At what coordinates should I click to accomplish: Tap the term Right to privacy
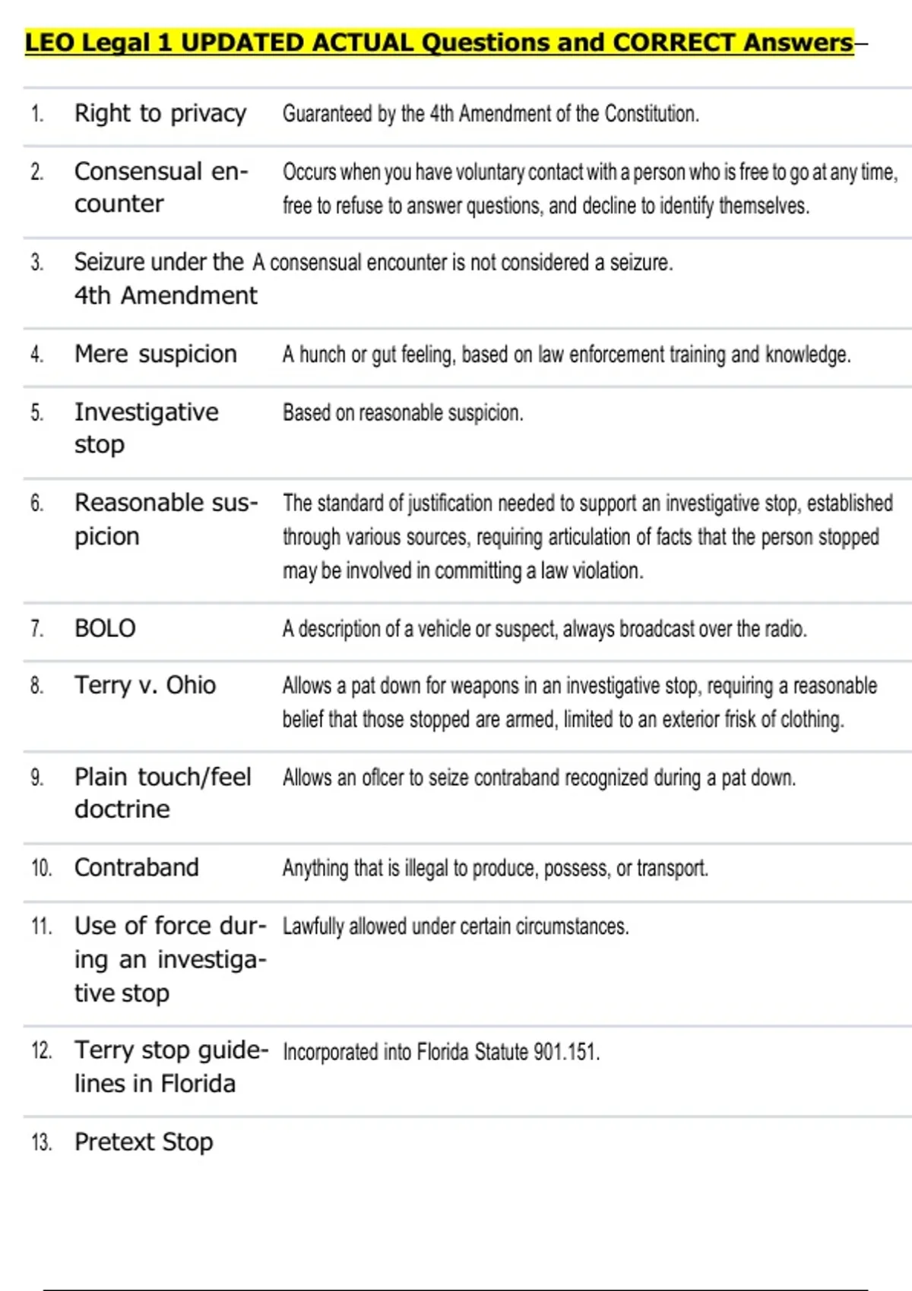(160, 114)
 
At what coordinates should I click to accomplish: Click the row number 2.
(36, 172)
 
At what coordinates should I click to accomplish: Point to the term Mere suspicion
(155, 354)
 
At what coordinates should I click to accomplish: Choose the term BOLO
(105, 628)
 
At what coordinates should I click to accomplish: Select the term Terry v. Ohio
(144, 685)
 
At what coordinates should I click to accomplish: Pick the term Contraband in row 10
(137, 867)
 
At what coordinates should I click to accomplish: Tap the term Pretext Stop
(144, 1141)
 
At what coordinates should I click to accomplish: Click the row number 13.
(41, 1142)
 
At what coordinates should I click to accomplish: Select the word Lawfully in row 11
(312, 926)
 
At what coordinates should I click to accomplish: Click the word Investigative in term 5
(146, 412)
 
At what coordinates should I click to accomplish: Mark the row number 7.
(36, 629)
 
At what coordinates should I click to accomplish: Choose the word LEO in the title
(49, 43)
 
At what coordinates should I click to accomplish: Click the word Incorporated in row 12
(330, 1052)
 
